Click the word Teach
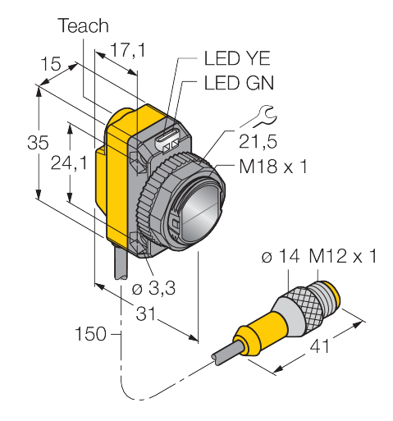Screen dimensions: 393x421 click(84, 25)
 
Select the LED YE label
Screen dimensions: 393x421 click(237, 58)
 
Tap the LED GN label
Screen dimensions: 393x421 click(239, 83)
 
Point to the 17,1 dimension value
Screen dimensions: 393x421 click(128, 50)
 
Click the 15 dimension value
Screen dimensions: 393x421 click(51, 64)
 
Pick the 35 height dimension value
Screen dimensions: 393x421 click(38, 143)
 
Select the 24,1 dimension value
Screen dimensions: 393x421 click(69, 162)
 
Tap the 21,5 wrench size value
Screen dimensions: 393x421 click(258, 141)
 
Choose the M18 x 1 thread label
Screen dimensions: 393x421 click(273, 166)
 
